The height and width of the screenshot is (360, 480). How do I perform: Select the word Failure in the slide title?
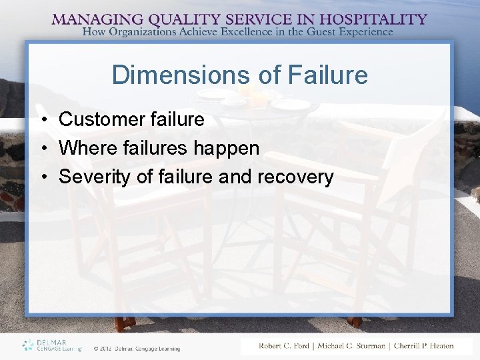tap(327, 75)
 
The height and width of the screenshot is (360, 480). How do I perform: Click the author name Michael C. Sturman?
tap(353, 345)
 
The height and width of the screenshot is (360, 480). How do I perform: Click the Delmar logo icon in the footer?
tap(27, 345)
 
